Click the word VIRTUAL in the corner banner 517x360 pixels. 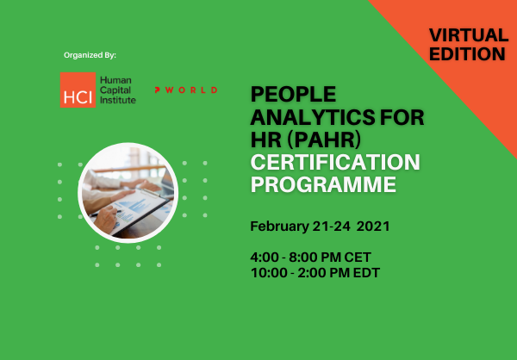469,35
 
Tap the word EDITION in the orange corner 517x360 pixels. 467,53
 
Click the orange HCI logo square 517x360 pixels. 78,90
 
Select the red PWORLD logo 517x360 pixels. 186,90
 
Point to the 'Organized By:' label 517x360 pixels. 90,55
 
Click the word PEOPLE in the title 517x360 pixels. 293,94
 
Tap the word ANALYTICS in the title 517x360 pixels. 313,117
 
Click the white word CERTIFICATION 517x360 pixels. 335,162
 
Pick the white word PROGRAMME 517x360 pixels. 323,184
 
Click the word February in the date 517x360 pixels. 279,227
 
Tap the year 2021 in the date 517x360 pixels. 373,227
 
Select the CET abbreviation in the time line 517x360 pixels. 358,258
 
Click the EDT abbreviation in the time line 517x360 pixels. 367,273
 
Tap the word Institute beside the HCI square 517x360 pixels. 118,100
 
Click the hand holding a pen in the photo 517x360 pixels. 105,219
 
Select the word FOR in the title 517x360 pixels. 402,117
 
